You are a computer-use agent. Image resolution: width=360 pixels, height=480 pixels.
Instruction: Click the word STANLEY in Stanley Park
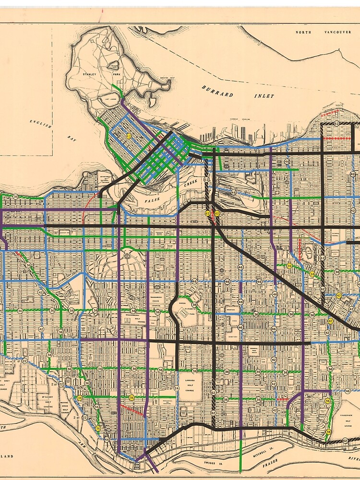point(89,74)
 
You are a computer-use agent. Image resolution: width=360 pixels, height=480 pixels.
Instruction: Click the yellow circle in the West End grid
point(129,136)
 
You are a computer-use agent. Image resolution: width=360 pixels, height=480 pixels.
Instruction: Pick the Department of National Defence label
point(106,180)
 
